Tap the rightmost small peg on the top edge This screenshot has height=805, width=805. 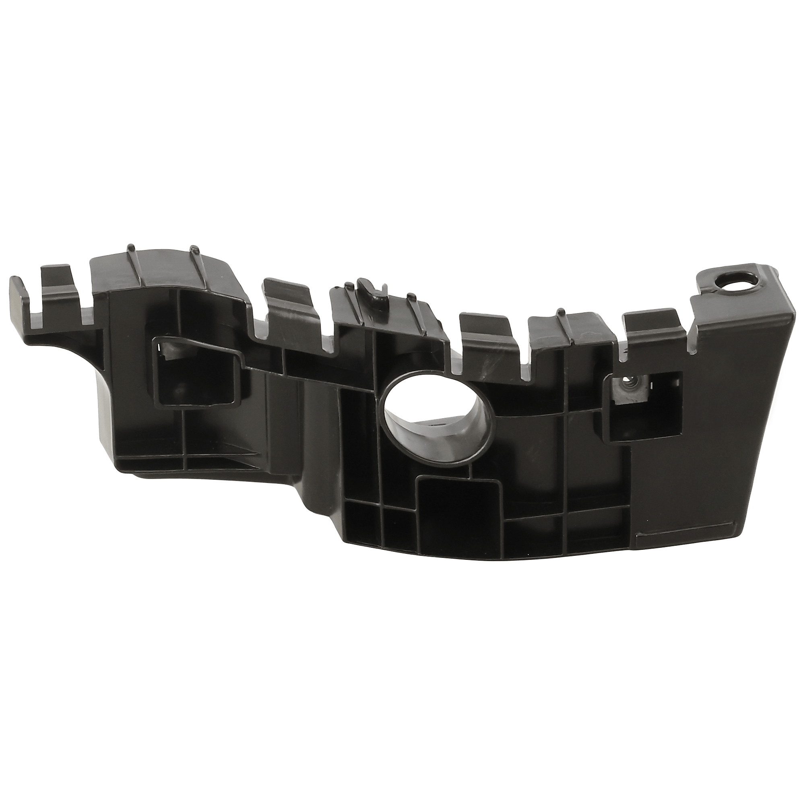click(x=560, y=312)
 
